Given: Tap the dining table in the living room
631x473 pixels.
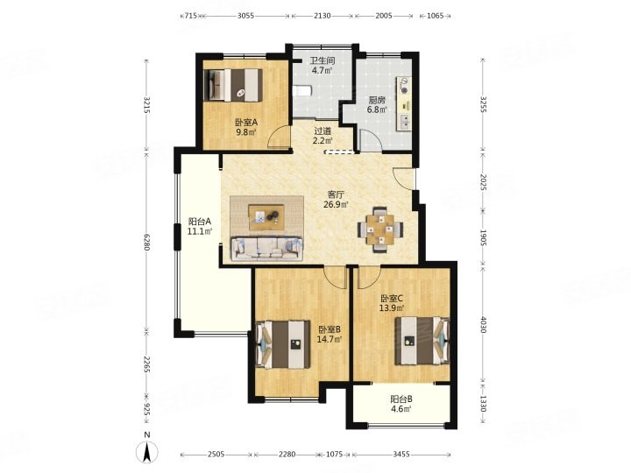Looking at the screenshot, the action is [x=380, y=229].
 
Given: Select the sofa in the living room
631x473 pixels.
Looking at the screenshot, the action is [x=266, y=249].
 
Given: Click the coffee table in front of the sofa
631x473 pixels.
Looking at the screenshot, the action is [x=266, y=217].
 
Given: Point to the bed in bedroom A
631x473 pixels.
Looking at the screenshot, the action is [x=233, y=85].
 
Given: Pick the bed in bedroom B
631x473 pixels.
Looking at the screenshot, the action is [x=283, y=344].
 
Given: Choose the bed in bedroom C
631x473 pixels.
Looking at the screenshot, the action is [x=422, y=341].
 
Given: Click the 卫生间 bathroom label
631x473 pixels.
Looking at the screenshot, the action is [x=322, y=61].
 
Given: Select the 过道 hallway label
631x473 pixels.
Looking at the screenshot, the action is [x=323, y=131].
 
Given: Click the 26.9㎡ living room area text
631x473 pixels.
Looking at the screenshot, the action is [x=336, y=204].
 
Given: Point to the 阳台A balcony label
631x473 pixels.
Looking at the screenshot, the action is [x=200, y=222].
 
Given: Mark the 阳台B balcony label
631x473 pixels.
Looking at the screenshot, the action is [x=401, y=399].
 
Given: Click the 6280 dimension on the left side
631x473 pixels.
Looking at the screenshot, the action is [x=147, y=242].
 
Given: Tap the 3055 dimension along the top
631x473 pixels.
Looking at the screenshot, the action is [x=245, y=16].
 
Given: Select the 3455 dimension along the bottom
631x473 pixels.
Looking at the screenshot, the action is [x=401, y=454].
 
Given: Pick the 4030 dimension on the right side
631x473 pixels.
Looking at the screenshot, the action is [x=483, y=325].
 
